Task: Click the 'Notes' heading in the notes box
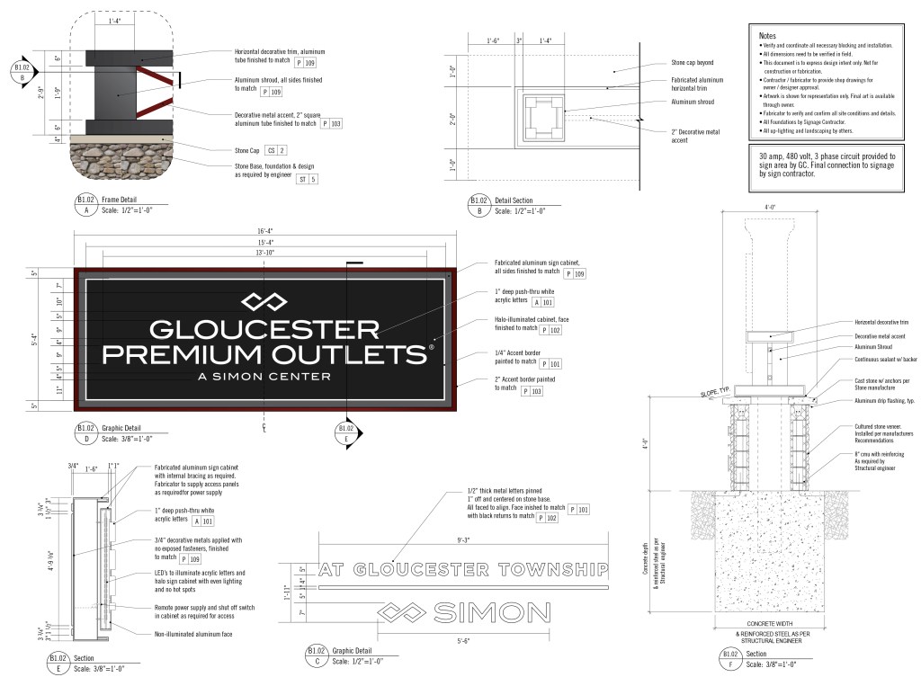pyautogui.click(x=769, y=33)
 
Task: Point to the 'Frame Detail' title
pyautogui.click(x=124, y=200)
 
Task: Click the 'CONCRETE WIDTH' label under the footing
pyautogui.click(x=774, y=623)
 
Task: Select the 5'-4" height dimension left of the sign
pyautogui.click(x=35, y=341)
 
